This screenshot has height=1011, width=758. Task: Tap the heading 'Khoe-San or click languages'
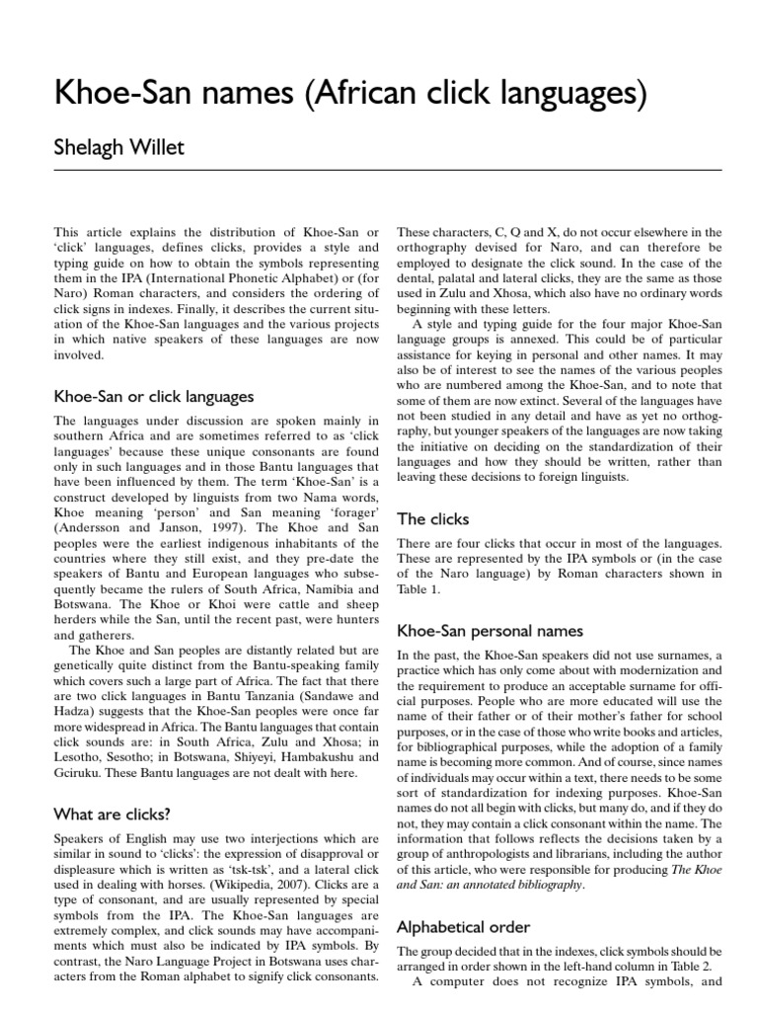(153, 397)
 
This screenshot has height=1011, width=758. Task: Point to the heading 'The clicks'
(432, 518)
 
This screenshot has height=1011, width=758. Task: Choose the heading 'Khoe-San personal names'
(490, 630)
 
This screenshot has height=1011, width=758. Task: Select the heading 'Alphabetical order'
(463, 927)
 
